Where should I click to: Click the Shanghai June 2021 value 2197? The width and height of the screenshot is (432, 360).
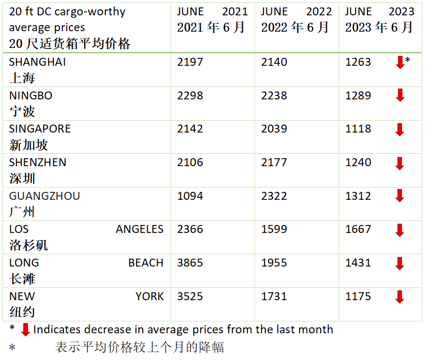click(x=190, y=62)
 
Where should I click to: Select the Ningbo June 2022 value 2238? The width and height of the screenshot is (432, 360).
click(x=274, y=96)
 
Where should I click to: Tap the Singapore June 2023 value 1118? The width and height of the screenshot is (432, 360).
click(x=358, y=129)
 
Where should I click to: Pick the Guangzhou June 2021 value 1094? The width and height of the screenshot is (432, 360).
click(x=190, y=196)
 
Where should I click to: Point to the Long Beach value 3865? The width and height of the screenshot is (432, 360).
click(x=190, y=263)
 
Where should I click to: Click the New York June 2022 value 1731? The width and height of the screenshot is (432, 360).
click(x=274, y=297)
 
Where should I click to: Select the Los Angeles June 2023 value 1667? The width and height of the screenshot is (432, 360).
click(x=358, y=229)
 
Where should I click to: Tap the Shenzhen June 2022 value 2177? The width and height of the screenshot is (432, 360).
click(x=274, y=163)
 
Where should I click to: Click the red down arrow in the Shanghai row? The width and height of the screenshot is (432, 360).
click(x=400, y=62)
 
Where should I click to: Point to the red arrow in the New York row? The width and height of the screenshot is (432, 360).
click(x=400, y=297)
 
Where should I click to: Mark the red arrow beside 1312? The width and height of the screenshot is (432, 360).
click(x=400, y=196)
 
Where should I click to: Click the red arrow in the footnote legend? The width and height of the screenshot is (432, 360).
click(x=26, y=330)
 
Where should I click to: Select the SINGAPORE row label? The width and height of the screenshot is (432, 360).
click(x=40, y=129)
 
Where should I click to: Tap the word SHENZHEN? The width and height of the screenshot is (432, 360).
click(x=38, y=163)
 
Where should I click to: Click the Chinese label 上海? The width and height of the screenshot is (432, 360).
click(x=22, y=78)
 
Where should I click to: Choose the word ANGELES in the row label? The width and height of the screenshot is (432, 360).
click(x=139, y=229)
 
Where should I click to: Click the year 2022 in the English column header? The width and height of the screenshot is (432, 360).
click(x=319, y=12)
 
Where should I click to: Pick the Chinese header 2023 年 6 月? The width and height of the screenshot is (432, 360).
click(x=379, y=28)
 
